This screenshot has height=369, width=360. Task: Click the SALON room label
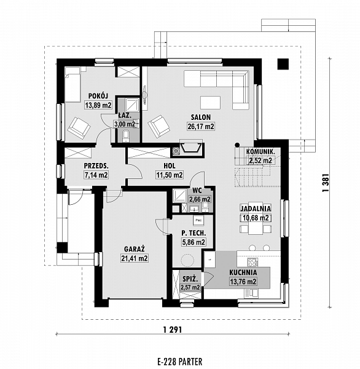pos(200,117)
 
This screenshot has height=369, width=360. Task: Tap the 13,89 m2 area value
pos(98,105)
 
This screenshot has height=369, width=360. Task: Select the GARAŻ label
pos(135,248)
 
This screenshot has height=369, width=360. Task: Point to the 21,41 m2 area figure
pos(135,258)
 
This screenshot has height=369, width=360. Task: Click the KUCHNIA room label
pos(243,272)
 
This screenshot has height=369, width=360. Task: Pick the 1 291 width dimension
pos(173,330)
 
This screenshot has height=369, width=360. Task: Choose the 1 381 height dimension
pos(325,183)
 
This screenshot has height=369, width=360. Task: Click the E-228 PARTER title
pos(180,362)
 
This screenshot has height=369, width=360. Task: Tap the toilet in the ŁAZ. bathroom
pos(126,137)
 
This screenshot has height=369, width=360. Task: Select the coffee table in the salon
pos(211,103)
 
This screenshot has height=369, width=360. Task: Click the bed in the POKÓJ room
pos(72,84)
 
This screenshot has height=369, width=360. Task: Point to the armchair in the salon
pos(158,126)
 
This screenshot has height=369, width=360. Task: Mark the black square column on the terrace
pos(283,64)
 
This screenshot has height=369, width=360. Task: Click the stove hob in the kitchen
pos(252,262)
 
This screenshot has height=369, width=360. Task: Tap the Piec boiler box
pos(198,221)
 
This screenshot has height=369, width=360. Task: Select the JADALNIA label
pos(256,208)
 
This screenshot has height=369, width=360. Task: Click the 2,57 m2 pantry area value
pos(190,287)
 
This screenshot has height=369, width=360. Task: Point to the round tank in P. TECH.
pos(187,260)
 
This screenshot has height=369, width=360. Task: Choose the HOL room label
pos(170,165)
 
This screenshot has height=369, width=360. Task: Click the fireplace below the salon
pos(190,148)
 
